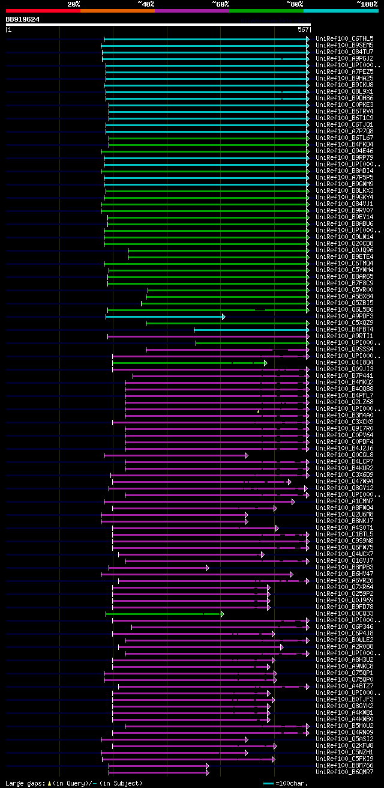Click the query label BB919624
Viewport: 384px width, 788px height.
(x=23, y=19)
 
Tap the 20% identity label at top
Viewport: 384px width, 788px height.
(x=73, y=4)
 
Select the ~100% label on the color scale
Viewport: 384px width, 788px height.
(x=367, y=4)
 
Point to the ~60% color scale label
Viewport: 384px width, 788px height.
(x=220, y=4)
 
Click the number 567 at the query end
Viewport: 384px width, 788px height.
(x=302, y=29)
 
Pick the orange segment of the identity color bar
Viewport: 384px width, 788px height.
(x=117, y=10)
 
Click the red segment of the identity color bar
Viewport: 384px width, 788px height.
(x=43, y=10)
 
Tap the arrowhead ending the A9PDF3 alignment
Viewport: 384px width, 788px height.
(x=223, y=317)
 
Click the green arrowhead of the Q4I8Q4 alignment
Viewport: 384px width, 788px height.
(x=265, y=363)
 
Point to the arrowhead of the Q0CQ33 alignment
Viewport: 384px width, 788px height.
(x=222, y=614)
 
